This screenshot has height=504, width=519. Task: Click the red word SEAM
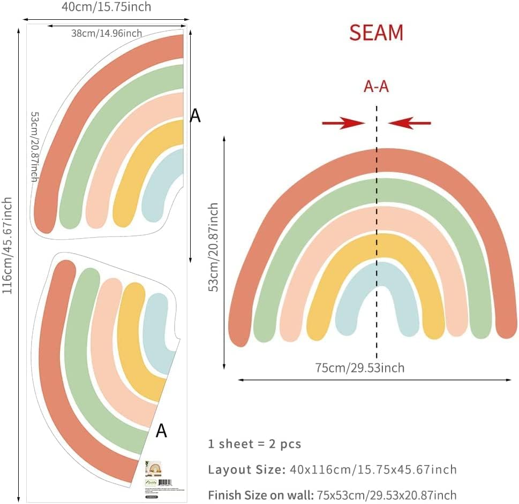376,33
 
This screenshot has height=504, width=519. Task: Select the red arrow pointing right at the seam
343,124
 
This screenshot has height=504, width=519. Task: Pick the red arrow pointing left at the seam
410,124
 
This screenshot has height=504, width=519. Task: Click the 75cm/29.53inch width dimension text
360,368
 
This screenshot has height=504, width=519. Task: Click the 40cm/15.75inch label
107,7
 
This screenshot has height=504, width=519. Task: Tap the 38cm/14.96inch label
107,33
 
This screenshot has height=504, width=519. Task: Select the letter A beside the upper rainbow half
195,115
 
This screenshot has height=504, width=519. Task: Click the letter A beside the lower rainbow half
161,431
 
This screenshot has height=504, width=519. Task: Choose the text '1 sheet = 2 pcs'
254,444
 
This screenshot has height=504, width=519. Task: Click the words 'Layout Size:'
246,470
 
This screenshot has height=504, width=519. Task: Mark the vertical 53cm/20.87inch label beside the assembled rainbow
214,247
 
